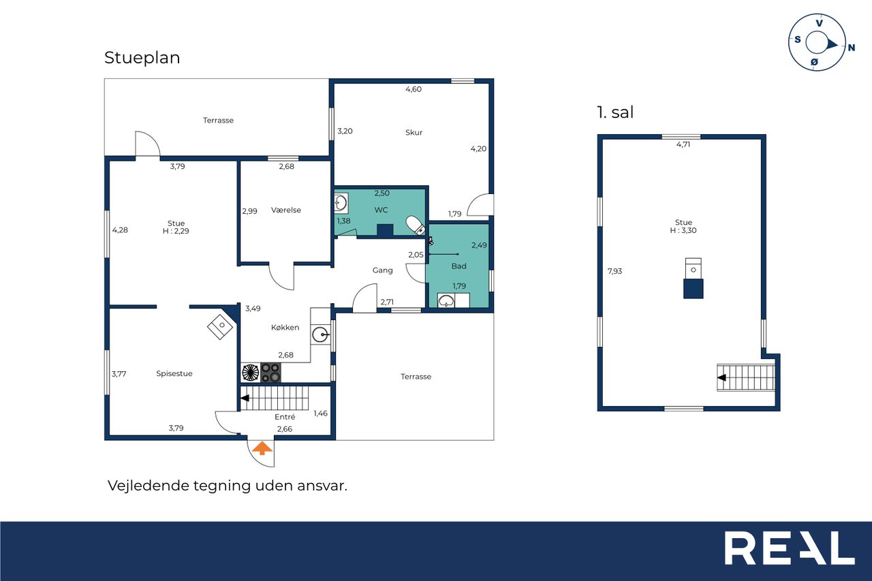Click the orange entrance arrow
(x=262, y=448)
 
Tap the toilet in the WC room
(x=416, y=225)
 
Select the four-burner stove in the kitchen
(x=270, y=373)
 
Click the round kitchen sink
(x=320, y=334)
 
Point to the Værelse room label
(x=285, y=210)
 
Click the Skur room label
(x=414, y=132)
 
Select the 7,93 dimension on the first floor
(x=614, y=271)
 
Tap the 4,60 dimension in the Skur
(x=414, y=89)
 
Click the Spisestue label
(x=174, y=373)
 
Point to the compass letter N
(x=852, y=48)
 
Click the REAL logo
(x=789, y=548)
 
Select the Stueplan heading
(x=142, y=58)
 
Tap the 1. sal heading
(x=615, y=112)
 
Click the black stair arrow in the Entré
(x=245, y=398)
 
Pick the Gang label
(x=382, y=270)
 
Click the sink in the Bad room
(x=446, y=300)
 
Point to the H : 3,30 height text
(x=683, y=230)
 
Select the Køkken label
(x=285, y=327)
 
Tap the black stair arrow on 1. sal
(x=721, y=377)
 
